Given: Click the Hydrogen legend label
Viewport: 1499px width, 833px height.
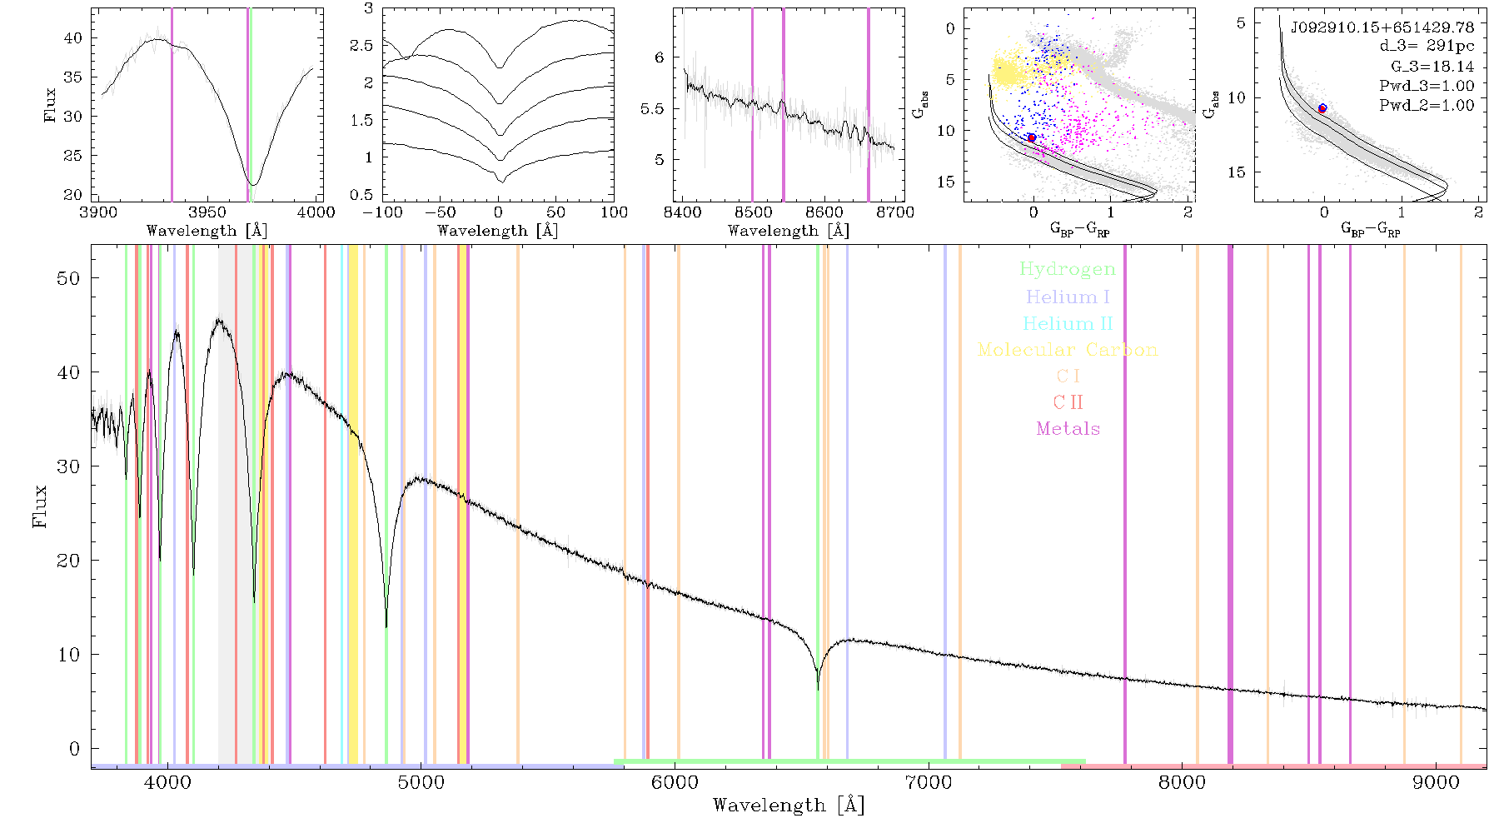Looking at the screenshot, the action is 1067,269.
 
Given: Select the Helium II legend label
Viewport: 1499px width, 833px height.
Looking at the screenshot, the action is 1068,323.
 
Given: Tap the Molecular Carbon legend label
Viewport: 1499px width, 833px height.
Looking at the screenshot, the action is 1068,350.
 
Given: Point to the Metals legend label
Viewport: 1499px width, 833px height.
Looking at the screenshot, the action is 1068,429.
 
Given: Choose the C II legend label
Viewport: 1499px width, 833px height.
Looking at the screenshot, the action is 1068,402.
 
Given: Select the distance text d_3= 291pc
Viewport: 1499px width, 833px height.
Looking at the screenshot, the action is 1427,47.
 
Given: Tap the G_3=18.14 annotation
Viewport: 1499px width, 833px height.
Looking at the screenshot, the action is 1432,67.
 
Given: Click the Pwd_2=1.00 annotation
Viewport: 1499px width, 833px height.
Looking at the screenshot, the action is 1427,106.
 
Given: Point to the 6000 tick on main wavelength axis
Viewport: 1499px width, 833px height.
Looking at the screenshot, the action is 675,783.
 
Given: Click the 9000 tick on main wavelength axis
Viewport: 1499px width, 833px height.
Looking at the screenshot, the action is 1436,783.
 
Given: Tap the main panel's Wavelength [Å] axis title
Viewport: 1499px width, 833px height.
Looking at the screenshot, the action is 789,806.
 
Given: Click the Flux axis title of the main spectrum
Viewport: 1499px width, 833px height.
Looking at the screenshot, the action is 39,506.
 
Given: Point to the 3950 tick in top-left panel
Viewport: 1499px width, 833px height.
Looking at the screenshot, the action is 207,212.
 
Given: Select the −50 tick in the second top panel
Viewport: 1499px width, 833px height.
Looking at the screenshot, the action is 441,212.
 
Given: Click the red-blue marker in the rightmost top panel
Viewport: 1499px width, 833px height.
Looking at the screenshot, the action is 1322,108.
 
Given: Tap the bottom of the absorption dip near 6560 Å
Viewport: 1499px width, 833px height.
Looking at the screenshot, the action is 818,689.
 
